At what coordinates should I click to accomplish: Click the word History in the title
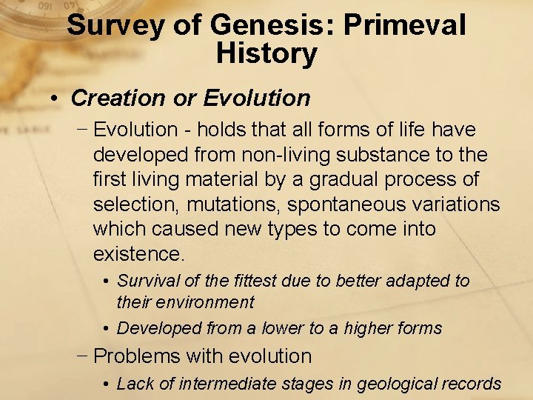point(266,53)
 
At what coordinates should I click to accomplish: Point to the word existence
point(138,255)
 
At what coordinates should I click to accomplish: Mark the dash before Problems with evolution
point(84,356)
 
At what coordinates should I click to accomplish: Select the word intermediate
point(227,384)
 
